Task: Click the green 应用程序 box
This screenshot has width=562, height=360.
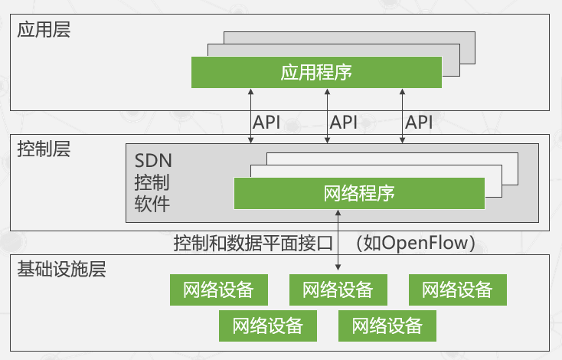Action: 316,73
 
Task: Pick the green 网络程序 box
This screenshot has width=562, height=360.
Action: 359,192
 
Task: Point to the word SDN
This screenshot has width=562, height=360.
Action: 153,162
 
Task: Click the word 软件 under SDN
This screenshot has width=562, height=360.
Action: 152,205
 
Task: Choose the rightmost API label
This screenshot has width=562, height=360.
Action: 419,122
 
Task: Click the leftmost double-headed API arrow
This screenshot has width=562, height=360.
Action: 250,115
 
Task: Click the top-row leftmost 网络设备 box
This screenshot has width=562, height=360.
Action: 217,290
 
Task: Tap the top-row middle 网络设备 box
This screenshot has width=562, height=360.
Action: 338,290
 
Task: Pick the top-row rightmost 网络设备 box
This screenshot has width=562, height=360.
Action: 457,290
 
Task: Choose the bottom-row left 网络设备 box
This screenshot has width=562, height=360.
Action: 267,326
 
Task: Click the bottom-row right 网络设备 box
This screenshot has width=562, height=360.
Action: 387,326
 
